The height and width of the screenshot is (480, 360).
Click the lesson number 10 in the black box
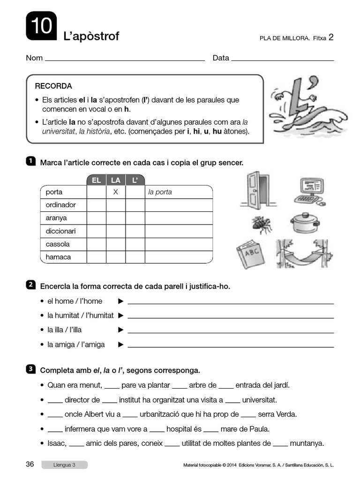coord(41,26)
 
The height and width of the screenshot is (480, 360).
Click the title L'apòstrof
coord(91,36)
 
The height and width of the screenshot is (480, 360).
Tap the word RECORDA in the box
coord(53,86)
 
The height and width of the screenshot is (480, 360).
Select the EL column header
coord(96,180)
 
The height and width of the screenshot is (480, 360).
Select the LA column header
coord(115,180)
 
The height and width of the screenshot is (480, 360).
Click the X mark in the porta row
coord(115,192)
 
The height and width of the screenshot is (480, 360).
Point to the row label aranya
coord(56,218)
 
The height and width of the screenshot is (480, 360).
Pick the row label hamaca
coord(58,257)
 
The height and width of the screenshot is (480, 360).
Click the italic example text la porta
coord(160,192)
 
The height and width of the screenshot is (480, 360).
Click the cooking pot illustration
coord(305,223)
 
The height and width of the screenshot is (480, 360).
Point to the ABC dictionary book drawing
coord(251,255)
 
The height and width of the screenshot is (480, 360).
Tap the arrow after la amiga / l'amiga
coord(121,345)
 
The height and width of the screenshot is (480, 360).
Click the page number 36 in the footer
coord(30,465)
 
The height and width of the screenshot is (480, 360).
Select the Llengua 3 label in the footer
coord(64,465)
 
